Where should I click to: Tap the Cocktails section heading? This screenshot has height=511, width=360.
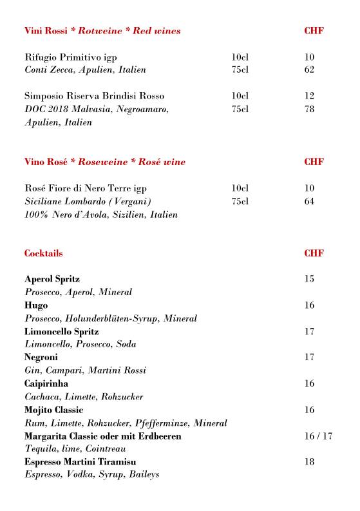43,253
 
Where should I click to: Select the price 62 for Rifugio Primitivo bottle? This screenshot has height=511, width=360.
309,70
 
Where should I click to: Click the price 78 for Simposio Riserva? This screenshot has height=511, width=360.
309,109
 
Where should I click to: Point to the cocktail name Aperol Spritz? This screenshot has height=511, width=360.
52,279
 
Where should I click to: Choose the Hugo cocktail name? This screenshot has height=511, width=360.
36,305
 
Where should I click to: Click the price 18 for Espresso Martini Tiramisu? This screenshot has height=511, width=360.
309,462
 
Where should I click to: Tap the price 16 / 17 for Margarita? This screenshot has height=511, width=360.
318,436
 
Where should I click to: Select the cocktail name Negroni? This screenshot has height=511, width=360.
41,358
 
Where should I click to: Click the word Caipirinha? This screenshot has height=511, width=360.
46,384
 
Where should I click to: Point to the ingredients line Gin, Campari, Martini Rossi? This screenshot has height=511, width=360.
85,371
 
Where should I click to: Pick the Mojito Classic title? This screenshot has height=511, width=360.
53,410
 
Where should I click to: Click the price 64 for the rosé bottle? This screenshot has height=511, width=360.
309,201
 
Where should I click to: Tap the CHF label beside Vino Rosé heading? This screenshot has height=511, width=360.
314,162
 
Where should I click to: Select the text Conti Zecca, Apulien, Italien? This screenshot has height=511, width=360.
85,70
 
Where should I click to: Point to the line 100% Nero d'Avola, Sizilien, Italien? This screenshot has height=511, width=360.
100,215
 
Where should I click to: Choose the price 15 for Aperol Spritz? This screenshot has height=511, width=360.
309,279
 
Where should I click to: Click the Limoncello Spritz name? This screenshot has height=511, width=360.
61,331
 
